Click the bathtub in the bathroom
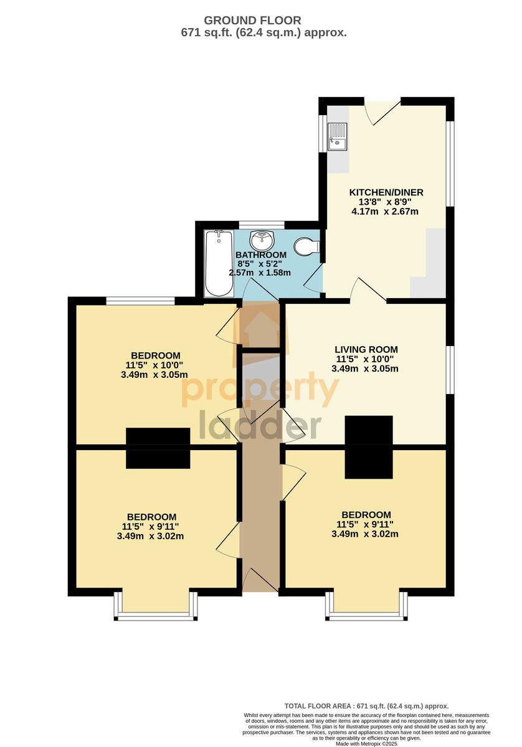218,263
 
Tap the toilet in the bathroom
306,247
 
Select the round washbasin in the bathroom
262,240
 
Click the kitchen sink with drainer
338,136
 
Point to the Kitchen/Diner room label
386,192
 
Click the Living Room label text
366,349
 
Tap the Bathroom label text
261,255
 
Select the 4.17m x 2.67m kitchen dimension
385,212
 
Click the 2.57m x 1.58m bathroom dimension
260,273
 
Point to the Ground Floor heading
252,21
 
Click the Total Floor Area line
366,706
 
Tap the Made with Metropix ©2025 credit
366,744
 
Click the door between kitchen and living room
368,290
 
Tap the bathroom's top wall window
262,225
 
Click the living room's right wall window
450,370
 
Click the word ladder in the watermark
260,425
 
